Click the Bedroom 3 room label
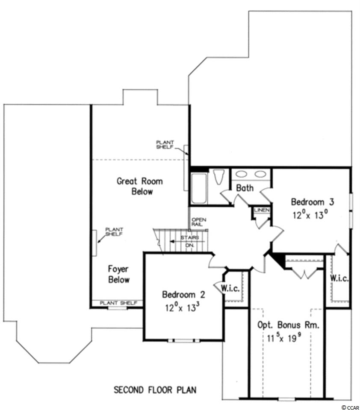(x=313, y=202)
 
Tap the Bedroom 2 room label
(x=183, y=295)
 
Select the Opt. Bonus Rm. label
(x=289, y=325)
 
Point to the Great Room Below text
(x=140, y=186)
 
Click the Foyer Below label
(x=118, y=274)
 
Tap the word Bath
(x=245, y=188)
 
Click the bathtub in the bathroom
(x=199, y=188)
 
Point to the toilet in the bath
(x=219, y=177)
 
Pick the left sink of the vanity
(x=242, y=174)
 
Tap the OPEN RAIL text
(x=199, y=222)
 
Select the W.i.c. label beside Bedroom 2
(x=230, y=288)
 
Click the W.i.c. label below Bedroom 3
(x=339, y=278)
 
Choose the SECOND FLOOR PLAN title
(x=155, y=390)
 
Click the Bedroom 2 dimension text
(x=184, y=307)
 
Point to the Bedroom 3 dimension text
(x=310, y=215)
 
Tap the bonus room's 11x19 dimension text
(x=283, y=338)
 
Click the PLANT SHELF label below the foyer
(x=118, y=303)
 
